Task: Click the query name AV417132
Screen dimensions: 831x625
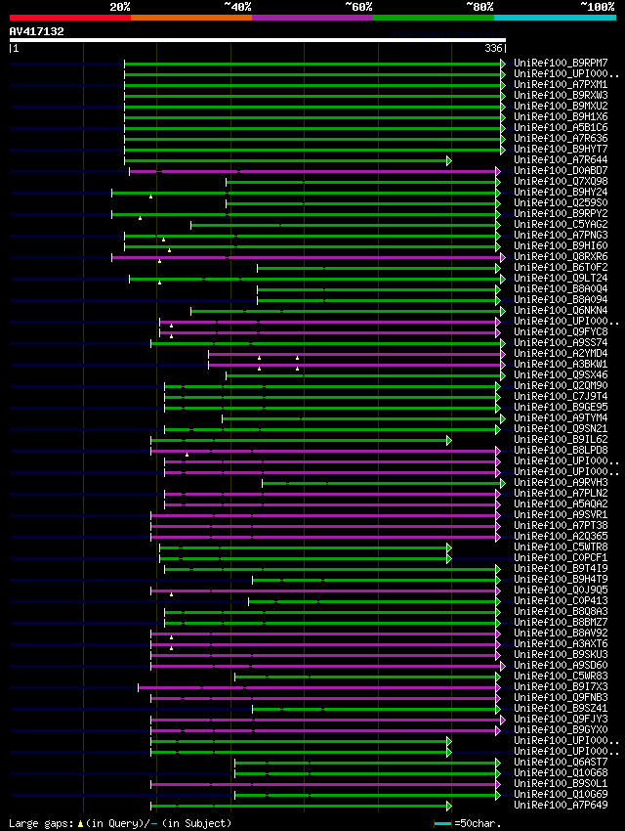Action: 37,31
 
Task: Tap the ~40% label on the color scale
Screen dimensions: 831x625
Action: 237,6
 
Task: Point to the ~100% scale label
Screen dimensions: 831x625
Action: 597,6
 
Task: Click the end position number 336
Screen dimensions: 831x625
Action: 493,48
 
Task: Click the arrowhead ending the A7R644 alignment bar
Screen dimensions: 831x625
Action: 449,160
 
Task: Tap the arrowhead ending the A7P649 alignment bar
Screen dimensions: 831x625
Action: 449,806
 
